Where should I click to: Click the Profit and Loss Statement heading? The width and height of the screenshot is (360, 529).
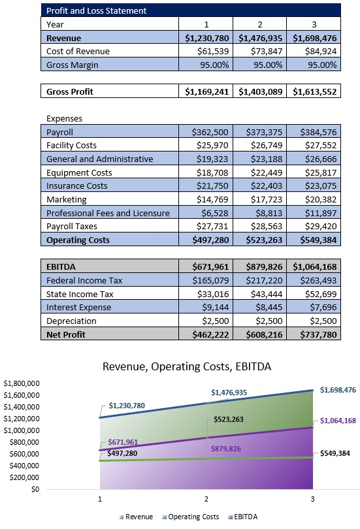tap(96, 10)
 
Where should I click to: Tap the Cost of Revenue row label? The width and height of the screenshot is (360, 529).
tap(78, 51)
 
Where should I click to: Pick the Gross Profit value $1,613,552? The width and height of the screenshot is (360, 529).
tap(315, 91)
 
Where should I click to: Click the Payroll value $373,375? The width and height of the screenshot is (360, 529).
tap(259, 132)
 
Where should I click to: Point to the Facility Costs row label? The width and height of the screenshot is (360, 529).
tap(73, 146)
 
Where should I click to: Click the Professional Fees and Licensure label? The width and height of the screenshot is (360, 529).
tap(108, 213)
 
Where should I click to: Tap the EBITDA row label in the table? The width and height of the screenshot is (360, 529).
tap(63, 267)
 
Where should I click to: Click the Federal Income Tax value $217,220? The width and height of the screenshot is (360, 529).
tap(259, 280)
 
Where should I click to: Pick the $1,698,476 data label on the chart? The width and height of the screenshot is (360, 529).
tap(337, 390)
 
